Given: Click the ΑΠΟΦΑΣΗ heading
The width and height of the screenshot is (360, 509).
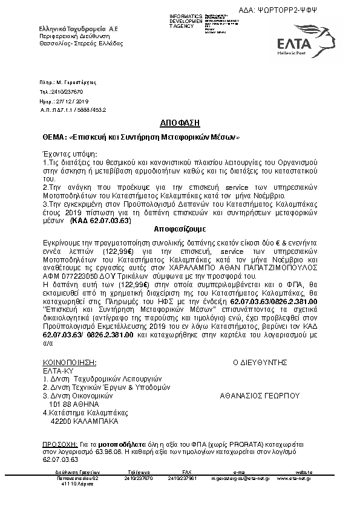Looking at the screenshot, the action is (180, 123).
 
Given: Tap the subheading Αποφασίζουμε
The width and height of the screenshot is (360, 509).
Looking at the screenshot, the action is (180, 230).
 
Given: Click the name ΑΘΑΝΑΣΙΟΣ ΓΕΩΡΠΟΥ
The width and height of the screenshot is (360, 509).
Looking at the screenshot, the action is (260, 395).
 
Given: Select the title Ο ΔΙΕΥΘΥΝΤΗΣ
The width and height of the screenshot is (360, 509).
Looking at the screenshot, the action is (259, 363).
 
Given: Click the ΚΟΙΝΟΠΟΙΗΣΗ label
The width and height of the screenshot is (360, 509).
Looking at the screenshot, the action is (70, 363).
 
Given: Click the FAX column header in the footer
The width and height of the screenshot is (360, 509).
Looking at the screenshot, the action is (186, 472).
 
